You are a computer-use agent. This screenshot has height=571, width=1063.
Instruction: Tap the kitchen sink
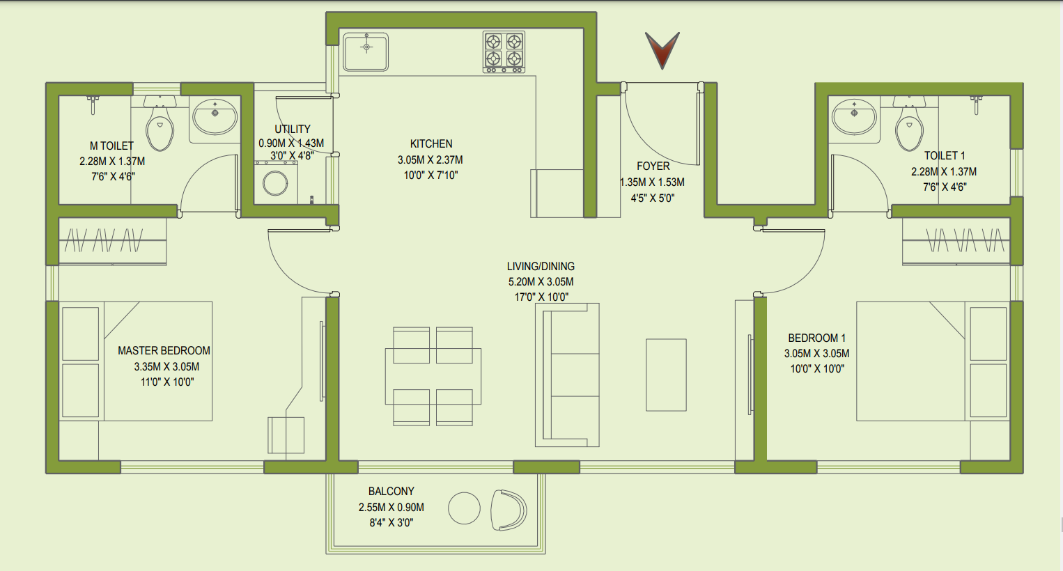click(366, 51)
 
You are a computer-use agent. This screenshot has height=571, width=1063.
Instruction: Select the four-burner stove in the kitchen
click(504, 51)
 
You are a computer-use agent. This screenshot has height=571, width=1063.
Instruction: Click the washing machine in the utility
click(276, 183)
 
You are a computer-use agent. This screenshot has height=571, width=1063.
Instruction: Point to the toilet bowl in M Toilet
click(160, 129)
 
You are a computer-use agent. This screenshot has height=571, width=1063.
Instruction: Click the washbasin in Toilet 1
click(854, 116)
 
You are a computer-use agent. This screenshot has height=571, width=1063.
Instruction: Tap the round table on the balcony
click(464, 508)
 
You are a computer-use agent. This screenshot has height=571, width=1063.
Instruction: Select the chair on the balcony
click(509, 510)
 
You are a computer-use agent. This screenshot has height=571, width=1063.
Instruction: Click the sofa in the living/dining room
click(567, 375)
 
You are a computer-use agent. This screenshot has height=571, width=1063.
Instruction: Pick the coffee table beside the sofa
click(666, 375)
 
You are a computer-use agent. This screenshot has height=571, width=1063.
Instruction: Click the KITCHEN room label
click(431, 144)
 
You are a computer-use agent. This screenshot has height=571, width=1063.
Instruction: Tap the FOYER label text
click(653, 166)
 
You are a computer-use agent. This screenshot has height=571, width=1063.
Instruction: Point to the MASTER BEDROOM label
click(164, 351)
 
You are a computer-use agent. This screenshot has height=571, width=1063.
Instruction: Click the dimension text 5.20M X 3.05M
click(541, 282)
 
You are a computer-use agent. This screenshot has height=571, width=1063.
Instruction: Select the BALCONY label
click(391, 492)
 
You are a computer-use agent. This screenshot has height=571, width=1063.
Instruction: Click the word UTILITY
click(292, 130)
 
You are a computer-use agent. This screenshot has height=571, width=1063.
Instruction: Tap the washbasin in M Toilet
click(215, 116)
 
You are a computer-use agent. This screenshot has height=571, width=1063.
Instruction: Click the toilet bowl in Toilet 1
click(909, 129)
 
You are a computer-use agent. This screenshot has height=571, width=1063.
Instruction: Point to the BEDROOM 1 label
click(816, 338)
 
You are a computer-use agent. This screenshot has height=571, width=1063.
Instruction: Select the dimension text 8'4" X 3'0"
click(391, 523)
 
